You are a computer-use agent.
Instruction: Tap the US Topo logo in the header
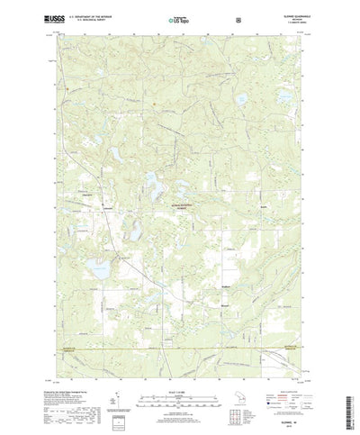tap(179, 17)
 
